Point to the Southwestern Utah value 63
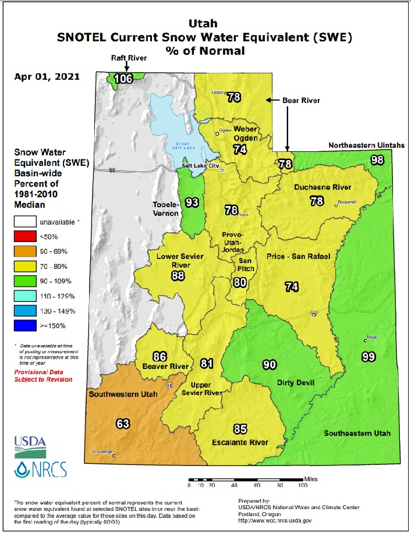click(x=122, y=424)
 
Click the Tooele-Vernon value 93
click(x=192, y=202)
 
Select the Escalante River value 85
click(x=239, y=429)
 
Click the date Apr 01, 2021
click(x=44, y=76)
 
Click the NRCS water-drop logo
click(x=34, y=468)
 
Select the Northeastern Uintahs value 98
click(x=377, y=160)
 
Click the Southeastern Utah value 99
click(x=367, y=357)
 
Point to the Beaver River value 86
click(x=160, y=356)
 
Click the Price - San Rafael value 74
click(x=291, y=286)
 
